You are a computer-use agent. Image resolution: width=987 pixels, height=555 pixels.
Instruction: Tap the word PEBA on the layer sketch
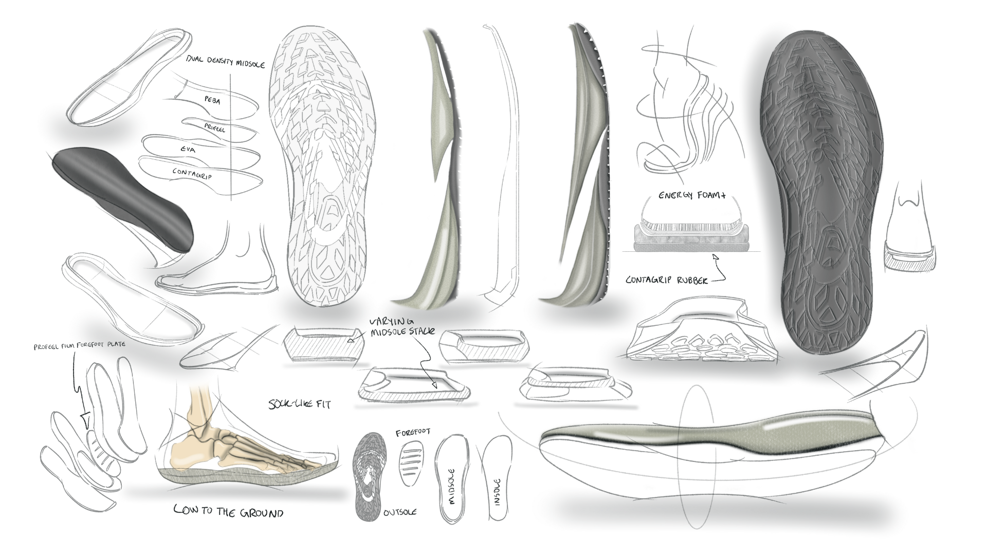(212, 101)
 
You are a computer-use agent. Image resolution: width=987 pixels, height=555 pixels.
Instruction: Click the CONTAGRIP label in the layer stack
(193, 173)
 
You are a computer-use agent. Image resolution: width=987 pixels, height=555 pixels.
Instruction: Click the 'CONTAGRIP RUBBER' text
(667, 280)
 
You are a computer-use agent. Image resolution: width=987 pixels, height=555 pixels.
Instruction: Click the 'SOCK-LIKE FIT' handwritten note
(299, 404)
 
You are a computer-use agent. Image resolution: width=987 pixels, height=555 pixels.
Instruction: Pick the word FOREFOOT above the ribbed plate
(413, 432)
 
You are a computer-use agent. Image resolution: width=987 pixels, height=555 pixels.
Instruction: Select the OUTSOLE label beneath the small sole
(400, 512)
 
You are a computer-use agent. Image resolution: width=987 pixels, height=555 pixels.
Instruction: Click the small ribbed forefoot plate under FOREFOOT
(411, 458)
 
